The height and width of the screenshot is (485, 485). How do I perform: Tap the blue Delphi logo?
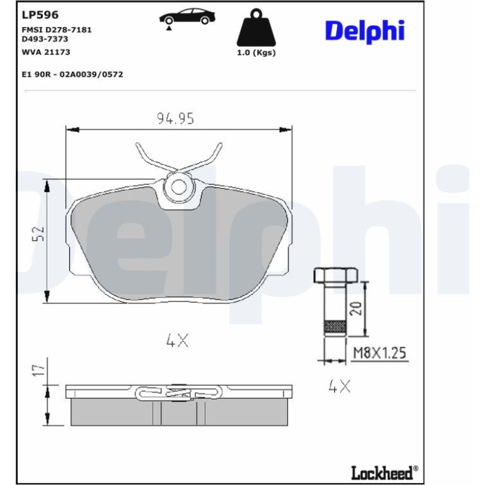365,31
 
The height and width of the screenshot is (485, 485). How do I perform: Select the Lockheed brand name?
384,472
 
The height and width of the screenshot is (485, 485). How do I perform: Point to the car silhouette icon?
187,17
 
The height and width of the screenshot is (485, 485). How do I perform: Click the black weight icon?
256,28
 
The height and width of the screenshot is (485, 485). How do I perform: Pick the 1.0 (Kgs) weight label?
256,52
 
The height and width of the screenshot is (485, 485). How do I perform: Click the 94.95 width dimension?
175,118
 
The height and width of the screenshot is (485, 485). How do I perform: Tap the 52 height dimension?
38,234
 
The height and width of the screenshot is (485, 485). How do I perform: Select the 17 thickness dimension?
38,370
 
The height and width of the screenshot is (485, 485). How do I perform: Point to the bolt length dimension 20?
355,309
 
